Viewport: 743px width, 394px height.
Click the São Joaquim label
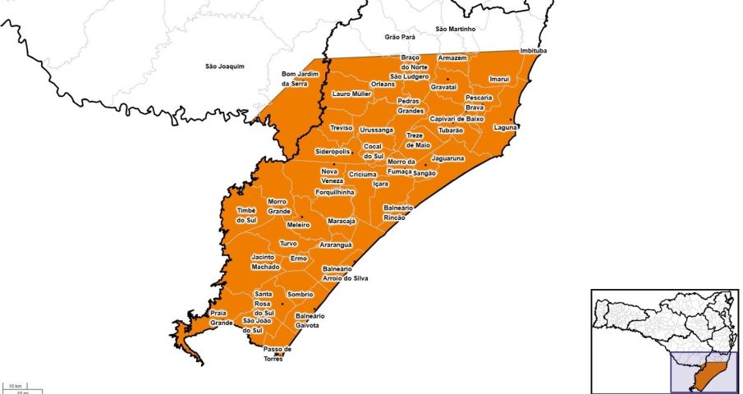225,66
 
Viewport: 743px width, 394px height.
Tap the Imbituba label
534,51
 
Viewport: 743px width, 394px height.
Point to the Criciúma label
362,174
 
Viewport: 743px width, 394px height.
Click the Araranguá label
335,245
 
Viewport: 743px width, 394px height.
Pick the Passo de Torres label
277,354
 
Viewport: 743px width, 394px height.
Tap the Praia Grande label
222,318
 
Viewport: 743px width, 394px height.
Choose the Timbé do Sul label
247,215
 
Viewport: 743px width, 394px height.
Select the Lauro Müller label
351,94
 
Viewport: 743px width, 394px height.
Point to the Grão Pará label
400,37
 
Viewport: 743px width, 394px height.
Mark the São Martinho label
455,29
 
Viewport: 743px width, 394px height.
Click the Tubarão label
451,131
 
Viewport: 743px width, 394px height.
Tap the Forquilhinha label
335,191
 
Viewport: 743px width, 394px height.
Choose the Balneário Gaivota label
310,320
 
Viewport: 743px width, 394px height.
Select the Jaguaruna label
448,158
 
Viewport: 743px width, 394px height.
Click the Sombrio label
300,294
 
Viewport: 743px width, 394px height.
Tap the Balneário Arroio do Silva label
345,273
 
